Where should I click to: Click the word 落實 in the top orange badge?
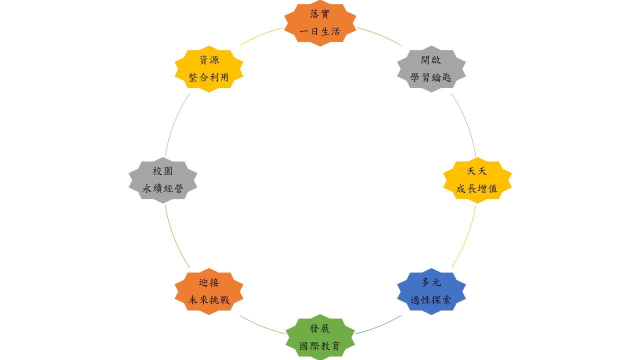pos(320,14)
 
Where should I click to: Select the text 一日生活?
pos(320,31)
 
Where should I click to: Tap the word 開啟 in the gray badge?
pos(431,59)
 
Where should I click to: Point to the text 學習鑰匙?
pos(431,77)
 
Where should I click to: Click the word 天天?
pos(477,171)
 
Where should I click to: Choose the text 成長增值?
pos(477,188)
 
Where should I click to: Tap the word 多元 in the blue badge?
pos(431,282)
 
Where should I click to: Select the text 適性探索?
pos(431,299)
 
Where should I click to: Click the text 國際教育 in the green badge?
pos(320,346)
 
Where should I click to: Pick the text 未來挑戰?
pos(209,299)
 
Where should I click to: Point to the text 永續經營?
pos(163,188)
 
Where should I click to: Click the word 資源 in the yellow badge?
pos(209,59)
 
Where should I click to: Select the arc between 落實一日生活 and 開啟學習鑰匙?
pos(379,35)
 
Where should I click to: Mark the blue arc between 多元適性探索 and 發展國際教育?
pos(379,326)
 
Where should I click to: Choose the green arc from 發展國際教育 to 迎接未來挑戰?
pos(261,326)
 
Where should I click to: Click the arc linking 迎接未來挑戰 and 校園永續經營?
pos(174,237)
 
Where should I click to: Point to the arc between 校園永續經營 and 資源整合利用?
pos(174,124)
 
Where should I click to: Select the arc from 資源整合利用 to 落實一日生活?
pos(260,35)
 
